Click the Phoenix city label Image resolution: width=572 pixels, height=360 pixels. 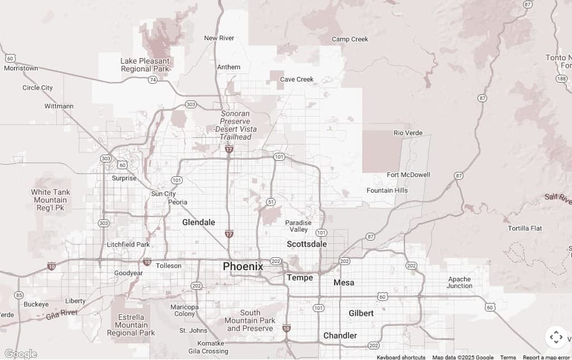pos(243,266)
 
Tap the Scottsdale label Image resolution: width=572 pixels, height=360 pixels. pos(307,244)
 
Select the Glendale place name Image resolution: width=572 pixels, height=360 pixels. pos(198,222)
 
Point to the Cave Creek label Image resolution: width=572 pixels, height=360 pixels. pos(297,79)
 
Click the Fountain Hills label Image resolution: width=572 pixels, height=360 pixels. pos(387,190)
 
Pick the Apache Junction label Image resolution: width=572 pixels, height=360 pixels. pos(459,282)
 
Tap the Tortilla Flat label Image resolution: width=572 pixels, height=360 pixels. pos(525,228)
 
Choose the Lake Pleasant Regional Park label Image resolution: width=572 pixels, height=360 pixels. pos(145,65)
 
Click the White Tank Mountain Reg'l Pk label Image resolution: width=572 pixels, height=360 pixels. pos(50,200)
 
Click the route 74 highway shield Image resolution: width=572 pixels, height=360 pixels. pos(152,80)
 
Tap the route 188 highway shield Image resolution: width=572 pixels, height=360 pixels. pos(561,79)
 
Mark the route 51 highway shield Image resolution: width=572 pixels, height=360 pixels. pos(270,201)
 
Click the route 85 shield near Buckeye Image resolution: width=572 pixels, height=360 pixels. pos(19,295)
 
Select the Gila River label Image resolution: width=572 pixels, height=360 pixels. pos(61,314)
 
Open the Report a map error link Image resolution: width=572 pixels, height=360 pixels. pos(546,357)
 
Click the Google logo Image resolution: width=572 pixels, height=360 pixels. pos(21,354)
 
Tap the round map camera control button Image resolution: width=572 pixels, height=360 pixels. pos(556,337)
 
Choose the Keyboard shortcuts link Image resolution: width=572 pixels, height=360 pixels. pos(401,357)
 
